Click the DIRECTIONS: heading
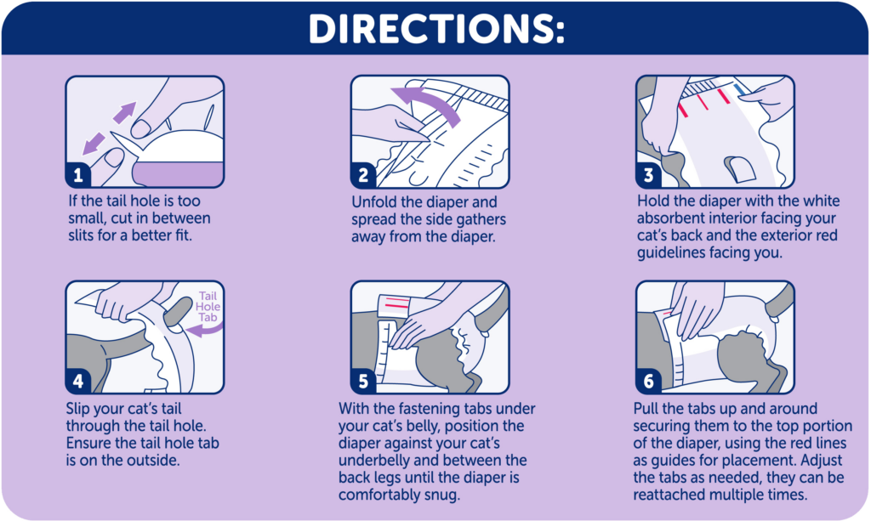click(x=436, y=28)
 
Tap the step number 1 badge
click(x=77, y=175)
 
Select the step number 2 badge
click(x=362, y=175)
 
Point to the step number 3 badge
click(x=648, y=175)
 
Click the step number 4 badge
click(x=77, y=381)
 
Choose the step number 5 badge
click(x=362, y=381)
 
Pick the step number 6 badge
click(x=648, y=381)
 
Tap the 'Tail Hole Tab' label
click(x=208, y=306)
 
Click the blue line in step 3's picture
click(x=739, y=90)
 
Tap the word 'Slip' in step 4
click(x=77, y=410)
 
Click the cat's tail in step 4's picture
click(x=177, y=311)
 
